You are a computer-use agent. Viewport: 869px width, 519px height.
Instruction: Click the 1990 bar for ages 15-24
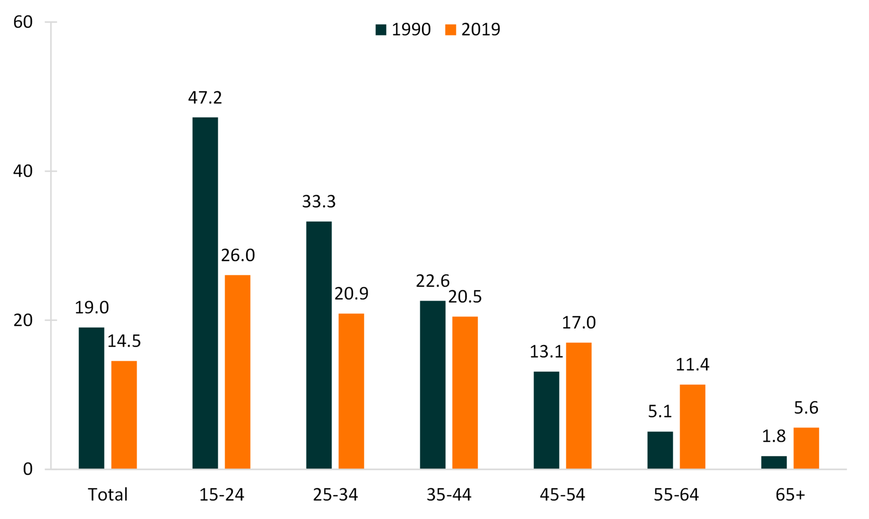click(x=205, y=293)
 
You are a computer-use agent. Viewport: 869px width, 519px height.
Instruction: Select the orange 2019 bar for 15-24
click(x=238, y=372)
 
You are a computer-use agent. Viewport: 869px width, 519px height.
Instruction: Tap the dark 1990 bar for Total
click(x=91, y=398)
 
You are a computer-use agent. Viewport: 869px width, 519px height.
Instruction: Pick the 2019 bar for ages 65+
click(x=806, y=448)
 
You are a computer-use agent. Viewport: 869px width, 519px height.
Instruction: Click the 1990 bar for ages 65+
click(x=774, y=462)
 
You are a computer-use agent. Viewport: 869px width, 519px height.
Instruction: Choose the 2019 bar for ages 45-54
click(x=578, y=405)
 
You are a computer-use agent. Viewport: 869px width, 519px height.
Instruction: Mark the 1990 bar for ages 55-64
click(x=660, y=450)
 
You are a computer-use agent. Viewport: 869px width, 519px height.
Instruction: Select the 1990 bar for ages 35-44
click(x=433, y=384)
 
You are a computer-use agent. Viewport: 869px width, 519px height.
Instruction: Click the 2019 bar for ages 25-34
click(x=351, y=391)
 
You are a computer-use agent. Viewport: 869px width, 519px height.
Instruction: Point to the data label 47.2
click(x=205, y=98)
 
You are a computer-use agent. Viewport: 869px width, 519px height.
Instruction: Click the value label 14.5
click(x=124, y=341)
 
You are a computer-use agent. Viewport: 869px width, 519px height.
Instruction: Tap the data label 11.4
click(x=692, y=365)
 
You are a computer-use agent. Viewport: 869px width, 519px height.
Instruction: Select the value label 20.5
click(x=465, y=297)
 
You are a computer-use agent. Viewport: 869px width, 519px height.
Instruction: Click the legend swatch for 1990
click(x=381, y=30)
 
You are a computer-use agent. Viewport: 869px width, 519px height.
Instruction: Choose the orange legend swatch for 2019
click(x=450, y=30)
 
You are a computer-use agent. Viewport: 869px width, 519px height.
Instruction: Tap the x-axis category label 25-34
click(x=335, y=495)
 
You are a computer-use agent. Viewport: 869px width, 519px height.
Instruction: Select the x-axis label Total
click(x=108, y=495)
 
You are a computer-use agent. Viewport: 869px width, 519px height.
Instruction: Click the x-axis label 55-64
click(x=676, y=495)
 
